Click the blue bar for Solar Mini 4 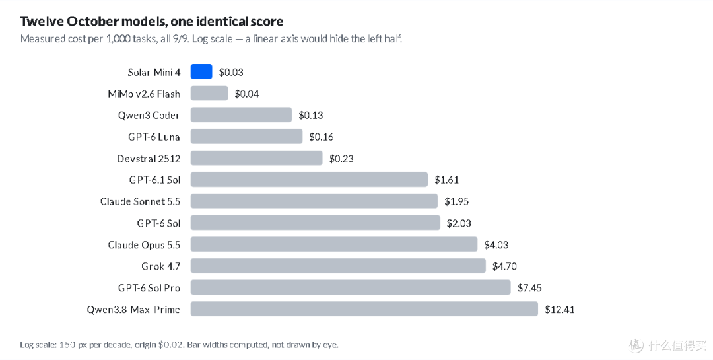[x=201, y=72]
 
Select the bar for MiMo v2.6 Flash [x=209, y=93]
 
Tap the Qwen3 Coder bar [x=241, y=115]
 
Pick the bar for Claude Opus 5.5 [x=334, y=244]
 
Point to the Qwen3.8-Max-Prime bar [x=364, y=309]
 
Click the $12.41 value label [x=560, y=310]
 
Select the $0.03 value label [x=231, y=72]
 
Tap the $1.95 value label [x=457, y=201]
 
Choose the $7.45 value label [x=529, y=287]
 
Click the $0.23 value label [x=341, y=159]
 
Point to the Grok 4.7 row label [x=161, y=266]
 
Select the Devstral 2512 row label [x=149, y=159]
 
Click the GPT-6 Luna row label [x=154, y=137]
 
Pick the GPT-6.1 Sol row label [x=154, y=180]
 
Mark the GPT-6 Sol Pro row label [x=149, y=287]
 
